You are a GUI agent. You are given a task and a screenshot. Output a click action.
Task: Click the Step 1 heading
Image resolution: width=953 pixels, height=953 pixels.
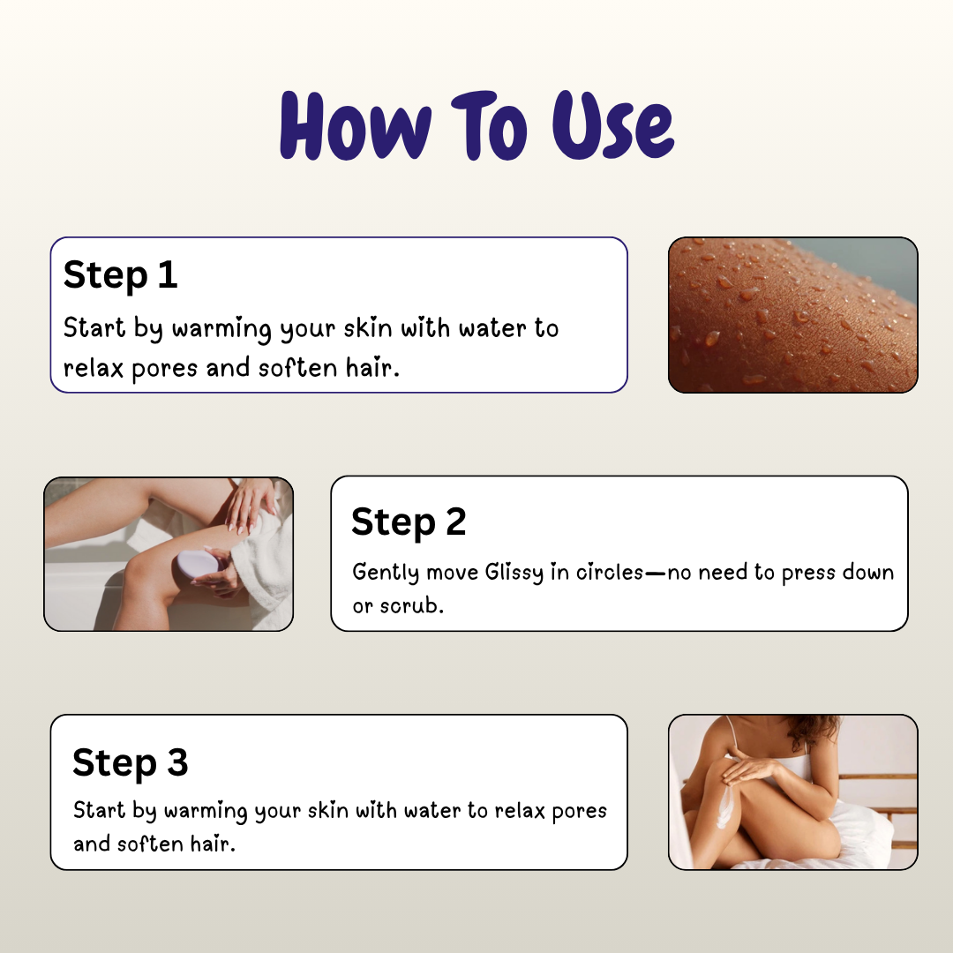[121, 274]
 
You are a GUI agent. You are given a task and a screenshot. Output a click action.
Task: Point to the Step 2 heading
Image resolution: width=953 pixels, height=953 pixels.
[409, 522]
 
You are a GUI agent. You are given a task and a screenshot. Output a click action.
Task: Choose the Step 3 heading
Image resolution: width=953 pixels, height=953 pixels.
[131, 762]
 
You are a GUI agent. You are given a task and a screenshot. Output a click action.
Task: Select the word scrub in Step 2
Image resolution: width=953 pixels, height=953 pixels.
[410, 607]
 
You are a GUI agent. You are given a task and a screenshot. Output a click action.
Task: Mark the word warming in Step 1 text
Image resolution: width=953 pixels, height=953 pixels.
[221, 329]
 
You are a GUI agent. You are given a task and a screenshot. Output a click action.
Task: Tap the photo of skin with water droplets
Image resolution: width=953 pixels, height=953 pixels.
[792, 315]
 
